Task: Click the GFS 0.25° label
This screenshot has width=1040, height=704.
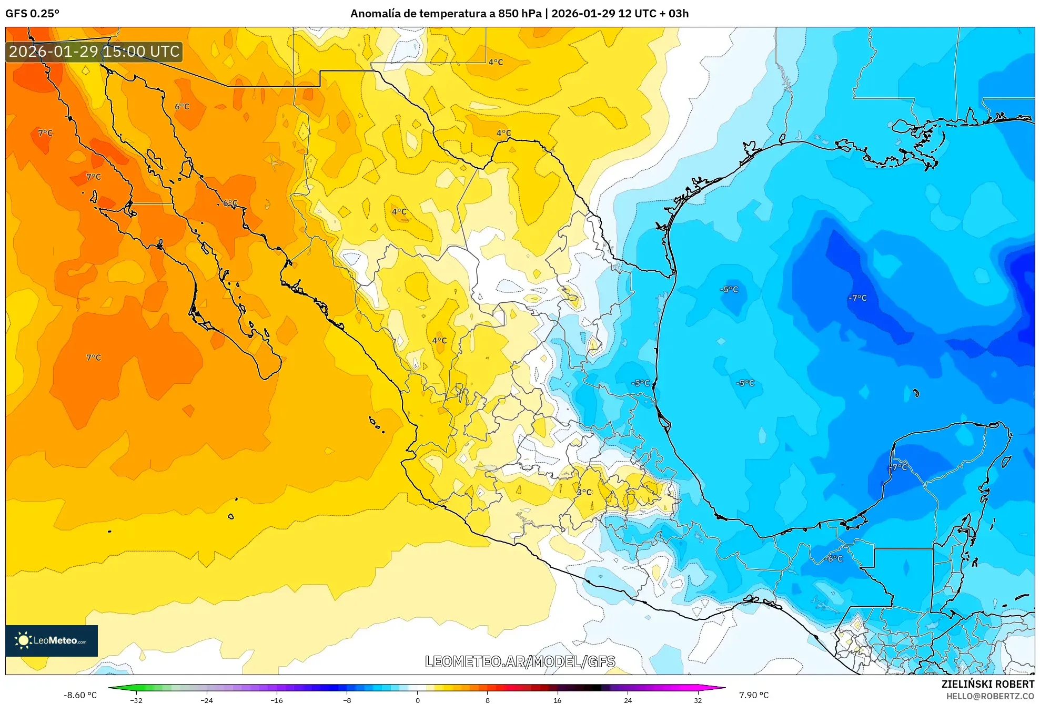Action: click(32, 14)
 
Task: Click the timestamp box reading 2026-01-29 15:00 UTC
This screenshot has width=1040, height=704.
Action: click(94, 52)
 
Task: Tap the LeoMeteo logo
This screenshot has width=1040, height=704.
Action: click(52, 640)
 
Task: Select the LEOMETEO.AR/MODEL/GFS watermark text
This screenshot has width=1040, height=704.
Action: click(520, 661)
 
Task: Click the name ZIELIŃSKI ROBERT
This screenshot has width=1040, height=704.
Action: click(987, 684)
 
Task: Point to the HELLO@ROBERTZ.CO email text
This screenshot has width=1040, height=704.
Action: click(989, 696)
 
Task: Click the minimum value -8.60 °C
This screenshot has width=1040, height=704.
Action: click(80, 695)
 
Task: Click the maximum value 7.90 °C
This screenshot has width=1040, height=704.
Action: click(753, 695)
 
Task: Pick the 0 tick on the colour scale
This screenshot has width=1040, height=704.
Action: click(418, 700)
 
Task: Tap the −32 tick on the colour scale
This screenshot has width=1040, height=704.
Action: click(136, 700)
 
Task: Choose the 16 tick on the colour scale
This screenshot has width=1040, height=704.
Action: click(558, 700)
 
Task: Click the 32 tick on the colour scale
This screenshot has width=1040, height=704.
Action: click(698, 700)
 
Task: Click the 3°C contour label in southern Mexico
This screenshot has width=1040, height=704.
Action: click(584, 492)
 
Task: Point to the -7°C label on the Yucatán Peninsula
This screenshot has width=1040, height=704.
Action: click(898, 466)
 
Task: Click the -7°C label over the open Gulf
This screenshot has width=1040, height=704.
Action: click(857, 298)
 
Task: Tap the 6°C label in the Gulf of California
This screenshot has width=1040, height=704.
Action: click(230, 202)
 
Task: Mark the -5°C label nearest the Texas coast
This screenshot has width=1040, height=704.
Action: click(729, 289)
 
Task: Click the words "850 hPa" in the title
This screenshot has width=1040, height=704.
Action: click(520, 14)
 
